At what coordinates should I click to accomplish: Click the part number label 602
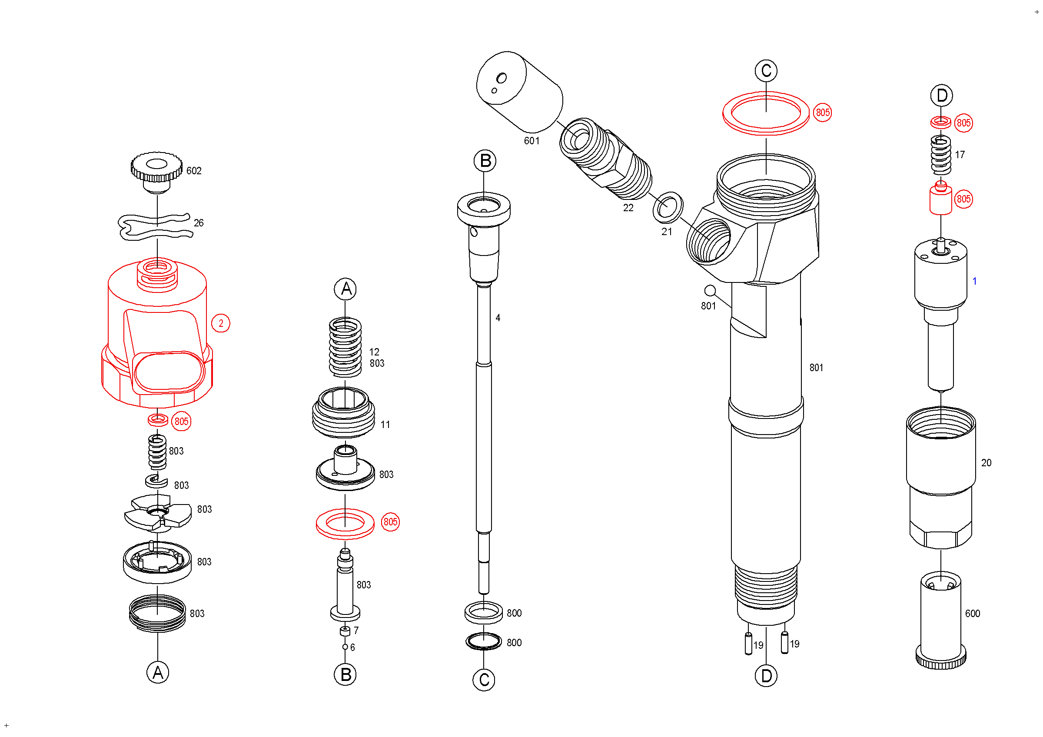[194, 171]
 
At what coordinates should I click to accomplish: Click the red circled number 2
[221, 323]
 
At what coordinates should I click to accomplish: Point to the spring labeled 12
[345, 347]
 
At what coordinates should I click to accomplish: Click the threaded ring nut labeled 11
[344, 413]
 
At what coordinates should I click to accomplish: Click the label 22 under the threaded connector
[628, 208]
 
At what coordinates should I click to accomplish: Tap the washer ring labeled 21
[668, 207]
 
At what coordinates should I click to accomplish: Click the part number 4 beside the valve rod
[498, 318]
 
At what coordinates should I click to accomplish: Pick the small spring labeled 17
[941, 155]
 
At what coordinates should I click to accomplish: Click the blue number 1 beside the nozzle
[974, 282]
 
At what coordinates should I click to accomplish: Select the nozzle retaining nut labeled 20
[941, 477]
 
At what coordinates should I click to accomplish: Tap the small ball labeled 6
[345, 647]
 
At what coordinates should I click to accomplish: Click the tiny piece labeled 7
[345, 631]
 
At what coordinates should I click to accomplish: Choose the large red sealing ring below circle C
[766, 113]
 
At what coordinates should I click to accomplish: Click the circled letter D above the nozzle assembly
[942, 96]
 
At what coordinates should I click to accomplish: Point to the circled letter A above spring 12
[345, 289]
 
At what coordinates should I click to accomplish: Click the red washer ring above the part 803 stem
[345, 523]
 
